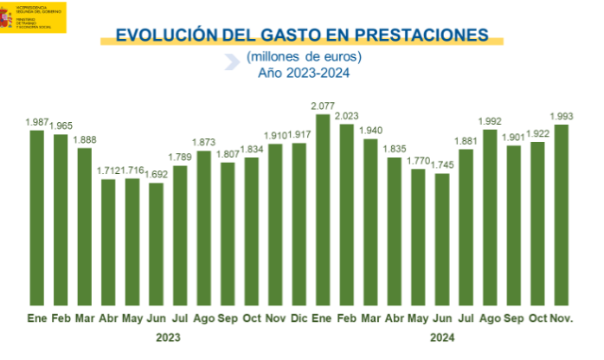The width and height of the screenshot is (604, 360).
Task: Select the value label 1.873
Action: click(x=204, y=142)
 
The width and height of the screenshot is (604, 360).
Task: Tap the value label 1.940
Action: click(x=371, y=130)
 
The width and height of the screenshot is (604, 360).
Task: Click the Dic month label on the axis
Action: click(x=299, y=318)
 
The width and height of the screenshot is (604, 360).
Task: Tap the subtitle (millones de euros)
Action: click(x=303, y=56)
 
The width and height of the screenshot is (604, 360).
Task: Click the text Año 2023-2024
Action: click(x=303, y=73)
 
